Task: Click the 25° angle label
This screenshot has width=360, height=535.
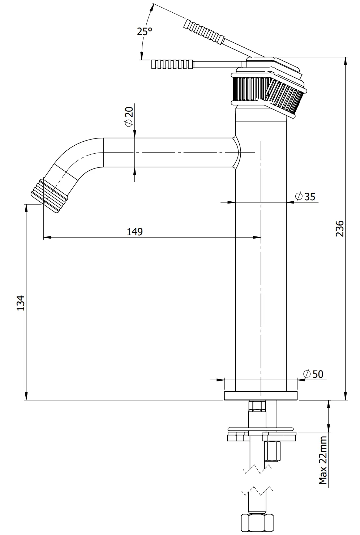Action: pos(144,31)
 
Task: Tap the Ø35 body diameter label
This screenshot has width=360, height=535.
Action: pos(305,196)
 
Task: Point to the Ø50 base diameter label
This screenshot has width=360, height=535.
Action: pos(313,374)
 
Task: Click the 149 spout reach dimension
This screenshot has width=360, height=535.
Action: pos(134,231)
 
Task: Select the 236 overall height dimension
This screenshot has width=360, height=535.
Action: pos(340,228)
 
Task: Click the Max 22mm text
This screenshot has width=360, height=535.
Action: pos(322,460)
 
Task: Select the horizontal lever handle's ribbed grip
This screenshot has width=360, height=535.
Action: pos(172,64)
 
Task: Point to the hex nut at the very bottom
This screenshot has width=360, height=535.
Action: pos(257,523)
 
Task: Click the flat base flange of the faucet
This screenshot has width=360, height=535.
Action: pos(261,396)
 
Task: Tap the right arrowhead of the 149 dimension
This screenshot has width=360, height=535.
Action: pos(257,237)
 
